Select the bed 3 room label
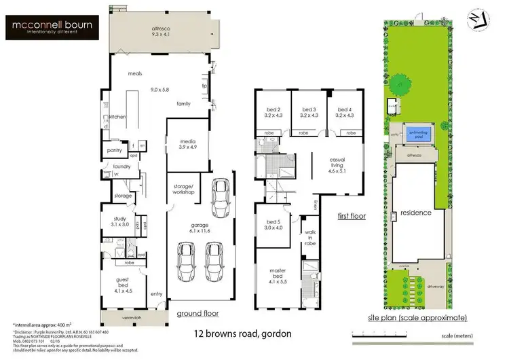pos(309,113)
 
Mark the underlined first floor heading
pos(352,216)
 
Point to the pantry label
pos(113,151)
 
